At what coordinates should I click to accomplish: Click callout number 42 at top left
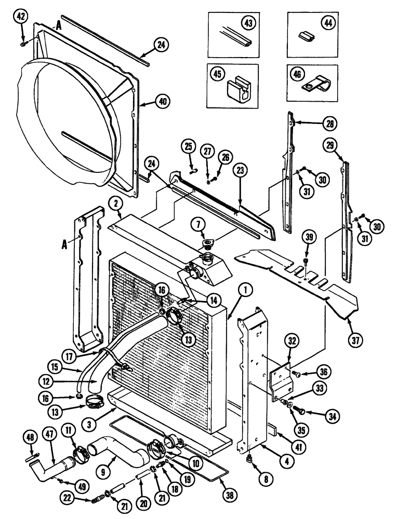(21, 17)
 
